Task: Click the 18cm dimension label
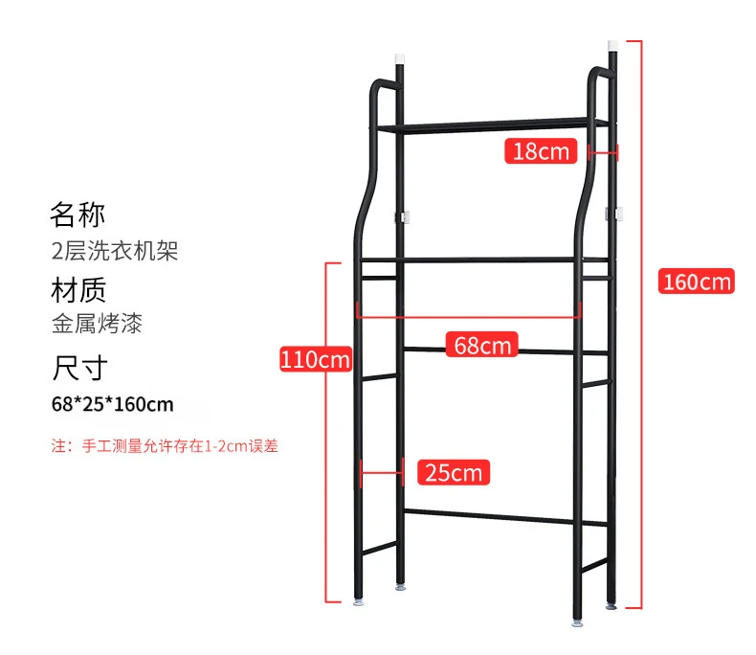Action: pos(541,150)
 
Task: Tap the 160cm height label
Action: pos(697,282)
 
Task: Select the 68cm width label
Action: pos(483,344)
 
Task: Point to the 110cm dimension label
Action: pos(315,360)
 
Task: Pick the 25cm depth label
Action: pos(455,472)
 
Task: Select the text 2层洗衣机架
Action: pos(115,251)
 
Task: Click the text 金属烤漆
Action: pos(97,325)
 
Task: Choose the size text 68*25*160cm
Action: pos(113,404)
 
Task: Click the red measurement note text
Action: pos(165,446)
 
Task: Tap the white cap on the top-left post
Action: pos(401,58)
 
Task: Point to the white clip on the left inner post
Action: pos(404,217)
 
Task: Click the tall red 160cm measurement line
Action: pos(639,326)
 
